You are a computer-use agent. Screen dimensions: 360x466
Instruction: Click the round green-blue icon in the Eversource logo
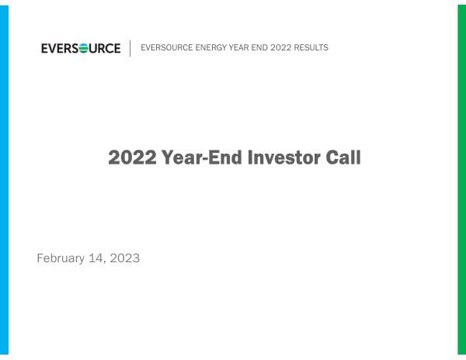pyautogui.click(x=83, y=48)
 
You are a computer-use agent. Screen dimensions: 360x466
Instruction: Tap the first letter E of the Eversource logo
pyautogui.click(x=44, y=48)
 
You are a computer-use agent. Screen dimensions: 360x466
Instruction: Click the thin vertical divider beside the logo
pyautogui.click(x=130, y=48)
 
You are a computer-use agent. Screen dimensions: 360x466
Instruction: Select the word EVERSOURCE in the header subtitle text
pyautogui.click(x=162, y=48)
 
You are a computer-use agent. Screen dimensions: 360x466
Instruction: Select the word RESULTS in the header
pyautogui.click(x=312, y=48)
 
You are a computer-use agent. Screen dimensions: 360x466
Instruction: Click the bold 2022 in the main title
pyautogui.click(x=133, y=157)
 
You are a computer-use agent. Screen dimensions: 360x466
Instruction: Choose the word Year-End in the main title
pyautogui.click(x=203, y=157)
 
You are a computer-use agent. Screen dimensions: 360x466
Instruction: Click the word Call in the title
pyautogui.click(x=344, y=157)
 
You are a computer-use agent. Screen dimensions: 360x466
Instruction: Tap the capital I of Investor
pyautogui.click(x=251, y=157)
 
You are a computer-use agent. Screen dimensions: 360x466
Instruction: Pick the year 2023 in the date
pyautogui.click(x=126, y=258)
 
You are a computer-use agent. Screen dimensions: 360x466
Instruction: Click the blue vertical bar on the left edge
pyautogui.click(x=4, y=180)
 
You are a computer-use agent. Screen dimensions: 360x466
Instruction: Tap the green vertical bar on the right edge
pyautogui.click(x=461, y=180)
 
